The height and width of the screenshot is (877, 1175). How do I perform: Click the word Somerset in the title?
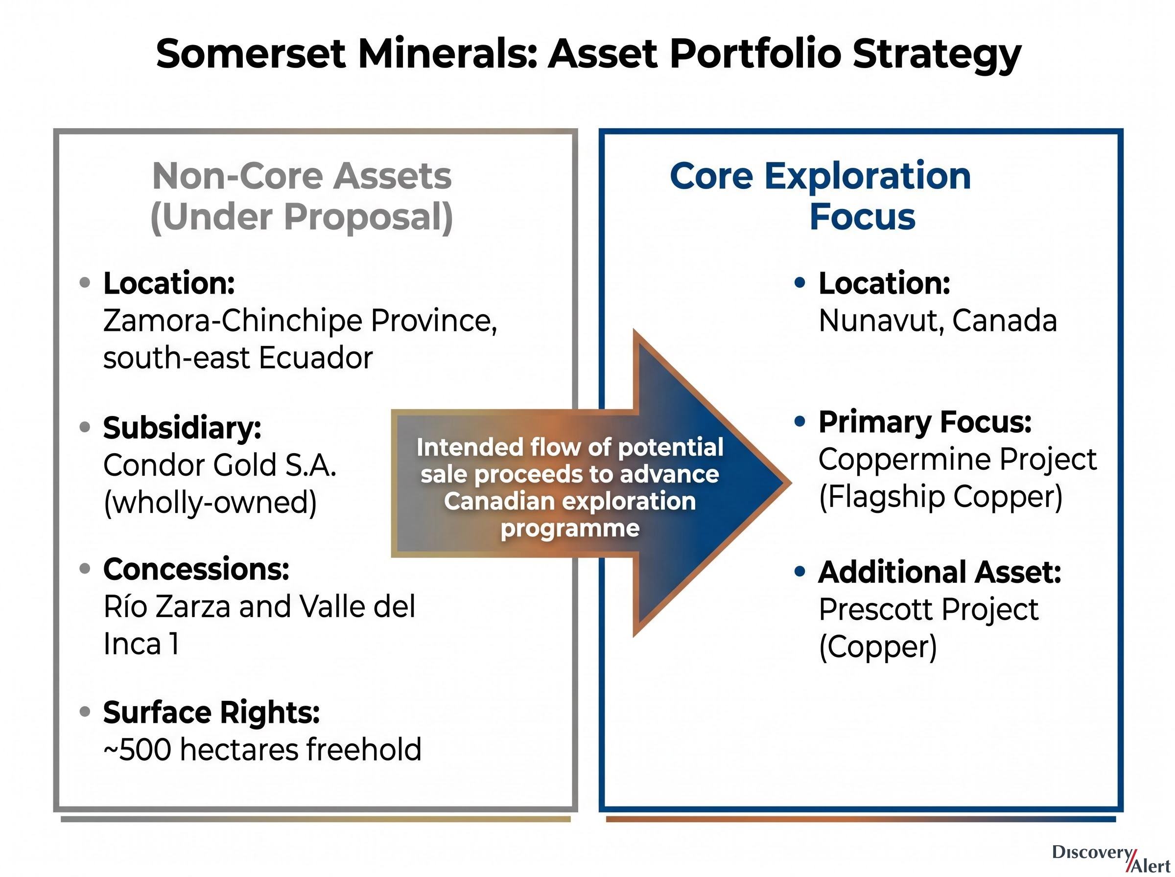pyautogui.click(x=251, y=54)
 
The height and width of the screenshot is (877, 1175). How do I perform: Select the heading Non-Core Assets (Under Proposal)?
pyautogui.click(x=302, y=196)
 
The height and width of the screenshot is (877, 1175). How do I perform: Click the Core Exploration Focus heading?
pyautogui.click(x=821, y=196)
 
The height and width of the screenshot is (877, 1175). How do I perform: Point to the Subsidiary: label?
pyautogui.click(x=182, y=427)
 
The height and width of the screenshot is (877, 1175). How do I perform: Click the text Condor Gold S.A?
pyautogui.click(x=220, y=465)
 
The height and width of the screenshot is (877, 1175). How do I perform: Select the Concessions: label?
pyautogui.click(x=196, y=569)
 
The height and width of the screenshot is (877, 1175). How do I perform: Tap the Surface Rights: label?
pyautogui.click(x=211, y=713)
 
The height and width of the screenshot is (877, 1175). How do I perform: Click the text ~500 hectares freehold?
pyautogui.click(x=262, y=750)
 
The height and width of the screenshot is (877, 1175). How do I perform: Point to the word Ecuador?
pyautogui.click(x=316, y=358)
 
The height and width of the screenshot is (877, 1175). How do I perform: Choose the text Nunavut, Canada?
pyautogui.click(x=938, y=321)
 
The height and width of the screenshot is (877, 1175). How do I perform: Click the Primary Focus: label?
pyautogui.click(x=925, y=422)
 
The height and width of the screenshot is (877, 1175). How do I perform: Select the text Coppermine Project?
pyautogui.click(x=957, y=460)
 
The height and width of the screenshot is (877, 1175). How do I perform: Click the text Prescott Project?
pyautogui.click(x=929, y=609)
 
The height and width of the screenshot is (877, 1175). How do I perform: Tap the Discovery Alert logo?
pyautogui.click(x=1111, y=858)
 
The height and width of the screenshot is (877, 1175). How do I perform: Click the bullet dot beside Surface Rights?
pyautogui.click(x=85, y=712)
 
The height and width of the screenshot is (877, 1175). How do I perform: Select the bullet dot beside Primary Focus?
pyautogui.click(x=799, y=421)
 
